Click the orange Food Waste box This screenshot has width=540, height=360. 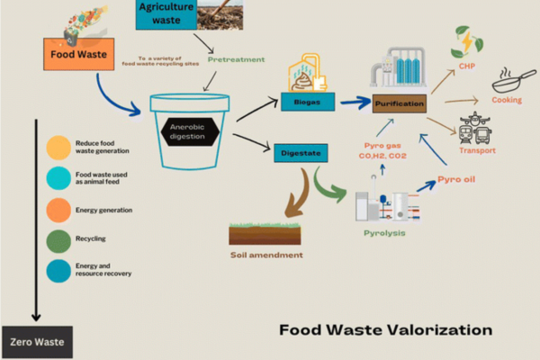[79, 54]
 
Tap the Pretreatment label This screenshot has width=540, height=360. [236, 59]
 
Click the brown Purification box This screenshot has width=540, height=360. [398, 104]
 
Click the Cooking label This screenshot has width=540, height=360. [507, 100]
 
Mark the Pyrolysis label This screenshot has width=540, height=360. [383, 233]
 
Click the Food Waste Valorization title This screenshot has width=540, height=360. [385, 329]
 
